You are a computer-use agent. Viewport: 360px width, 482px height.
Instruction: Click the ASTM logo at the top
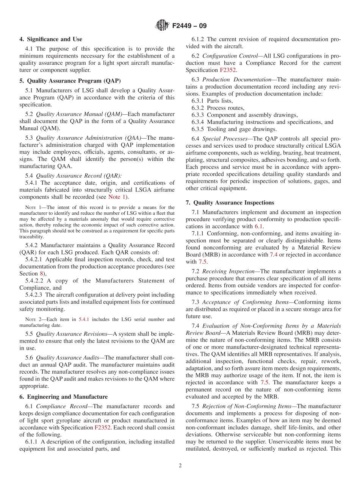click(x=162, y=26)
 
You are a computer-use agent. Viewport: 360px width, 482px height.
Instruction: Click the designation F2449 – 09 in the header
click(x=189, y=26)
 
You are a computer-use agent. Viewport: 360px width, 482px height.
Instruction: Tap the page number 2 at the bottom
click(x=180, y=465)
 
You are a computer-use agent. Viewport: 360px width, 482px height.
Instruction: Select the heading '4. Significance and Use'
click(x=51, y=39)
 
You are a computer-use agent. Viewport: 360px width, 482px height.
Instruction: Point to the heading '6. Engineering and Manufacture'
click(x=64, y=396)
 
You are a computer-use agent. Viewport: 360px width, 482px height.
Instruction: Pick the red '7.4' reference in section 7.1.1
click(x=273, y=254)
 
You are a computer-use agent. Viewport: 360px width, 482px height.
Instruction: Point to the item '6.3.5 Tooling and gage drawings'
click(x=234, y=129)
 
